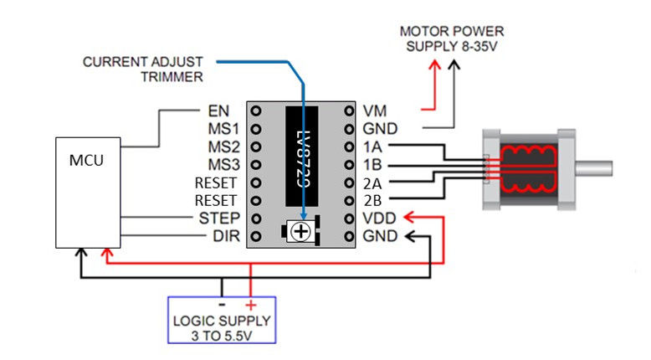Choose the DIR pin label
click(226, 237)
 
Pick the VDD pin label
click(378, 219)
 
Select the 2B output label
click(373, 201)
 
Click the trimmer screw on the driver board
click(302, 232)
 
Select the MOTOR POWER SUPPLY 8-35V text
click(452, 39)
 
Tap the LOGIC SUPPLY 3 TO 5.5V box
click(221, 321)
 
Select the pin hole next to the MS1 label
click(256, 129)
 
